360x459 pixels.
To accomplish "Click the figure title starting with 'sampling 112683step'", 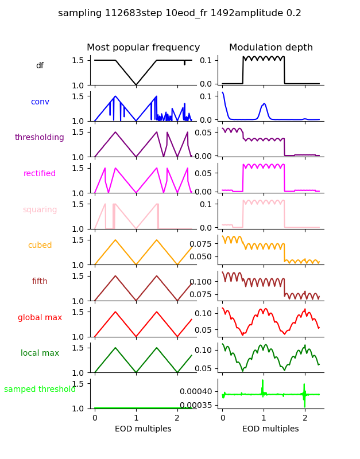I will pos(180,13).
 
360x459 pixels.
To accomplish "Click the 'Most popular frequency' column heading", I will pos(144,48).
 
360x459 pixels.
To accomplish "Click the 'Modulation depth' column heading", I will pos(271,48).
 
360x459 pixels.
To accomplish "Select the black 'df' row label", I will pos(40,66).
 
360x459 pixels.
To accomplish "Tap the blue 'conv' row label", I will pos(40,102).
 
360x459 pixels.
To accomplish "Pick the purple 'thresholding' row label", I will pos(40,138).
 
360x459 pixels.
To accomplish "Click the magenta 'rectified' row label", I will pos(40,174).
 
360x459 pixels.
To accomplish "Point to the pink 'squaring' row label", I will pos(40,210).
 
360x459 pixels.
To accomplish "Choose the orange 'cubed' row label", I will pos(40,246).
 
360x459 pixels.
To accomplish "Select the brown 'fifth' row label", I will pos(40,282).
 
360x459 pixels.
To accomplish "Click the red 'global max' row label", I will pos(40,317).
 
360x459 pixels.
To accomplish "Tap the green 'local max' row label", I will pos(40,353).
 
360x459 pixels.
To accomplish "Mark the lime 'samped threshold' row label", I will pos(40,390).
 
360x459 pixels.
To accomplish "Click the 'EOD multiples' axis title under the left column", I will pos(143,429).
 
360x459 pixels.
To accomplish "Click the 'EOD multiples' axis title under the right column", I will pos(270,429).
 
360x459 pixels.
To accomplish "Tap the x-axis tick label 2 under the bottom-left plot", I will pos(177,417).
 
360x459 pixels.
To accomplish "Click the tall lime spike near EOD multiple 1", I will pos(262,384).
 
